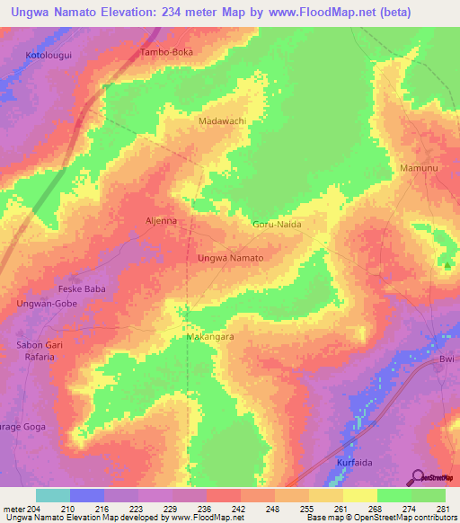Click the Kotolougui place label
(49, 56)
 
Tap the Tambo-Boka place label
(167, 52)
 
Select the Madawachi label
(222, 120)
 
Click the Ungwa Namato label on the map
(230, 258)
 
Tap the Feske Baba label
(57, 290)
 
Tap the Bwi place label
(447, 359)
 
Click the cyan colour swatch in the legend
(53, 495)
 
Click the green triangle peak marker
(447, 264)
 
